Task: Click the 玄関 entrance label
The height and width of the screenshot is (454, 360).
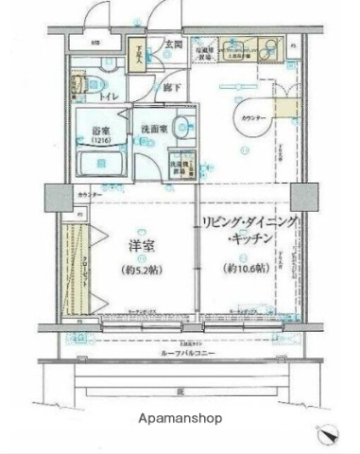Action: [x=174, y=44]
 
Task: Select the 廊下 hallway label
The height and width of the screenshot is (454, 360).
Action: [x=170, y=86]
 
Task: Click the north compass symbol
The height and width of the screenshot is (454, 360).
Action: [x=328, y=435]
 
